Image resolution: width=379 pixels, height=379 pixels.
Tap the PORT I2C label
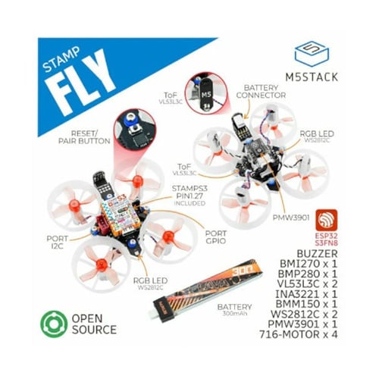point(49,241)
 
